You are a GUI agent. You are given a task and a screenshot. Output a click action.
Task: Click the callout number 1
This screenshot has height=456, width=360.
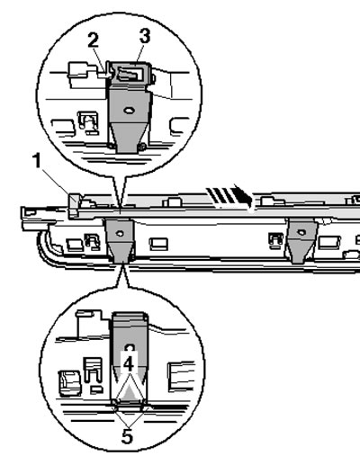[37, 160]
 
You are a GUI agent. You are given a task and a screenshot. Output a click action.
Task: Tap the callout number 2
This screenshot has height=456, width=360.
[93, 40]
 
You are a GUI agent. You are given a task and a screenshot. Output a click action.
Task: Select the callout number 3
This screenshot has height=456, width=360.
[145, 36]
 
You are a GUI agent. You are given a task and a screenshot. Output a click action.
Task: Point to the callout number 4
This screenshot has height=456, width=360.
[129, 364]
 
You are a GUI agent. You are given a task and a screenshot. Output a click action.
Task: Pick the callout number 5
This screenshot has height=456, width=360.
[127, 437]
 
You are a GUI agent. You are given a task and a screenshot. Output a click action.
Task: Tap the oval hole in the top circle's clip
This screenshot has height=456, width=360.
[130, 111]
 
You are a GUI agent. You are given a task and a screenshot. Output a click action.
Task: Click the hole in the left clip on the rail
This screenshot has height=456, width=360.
[120, 233]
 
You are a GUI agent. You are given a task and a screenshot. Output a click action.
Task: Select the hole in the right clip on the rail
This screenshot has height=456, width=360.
[301, 232]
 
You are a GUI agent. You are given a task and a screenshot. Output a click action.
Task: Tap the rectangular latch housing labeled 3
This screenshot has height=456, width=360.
[130, 73]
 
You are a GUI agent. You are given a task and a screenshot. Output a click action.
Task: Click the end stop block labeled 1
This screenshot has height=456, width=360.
[74, 205]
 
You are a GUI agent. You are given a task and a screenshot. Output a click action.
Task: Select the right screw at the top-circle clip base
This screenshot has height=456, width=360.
[143, 146]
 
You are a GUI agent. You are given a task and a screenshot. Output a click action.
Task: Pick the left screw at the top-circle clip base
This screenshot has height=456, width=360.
[112, 146]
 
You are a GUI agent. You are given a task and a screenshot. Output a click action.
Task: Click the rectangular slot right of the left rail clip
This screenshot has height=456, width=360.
[158, 244]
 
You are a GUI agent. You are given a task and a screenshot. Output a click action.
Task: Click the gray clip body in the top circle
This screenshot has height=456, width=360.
[130, 118]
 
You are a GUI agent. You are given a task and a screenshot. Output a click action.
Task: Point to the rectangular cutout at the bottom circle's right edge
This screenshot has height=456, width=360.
[180, 377]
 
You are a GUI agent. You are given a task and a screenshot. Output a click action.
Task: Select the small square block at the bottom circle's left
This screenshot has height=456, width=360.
[70, 383]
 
